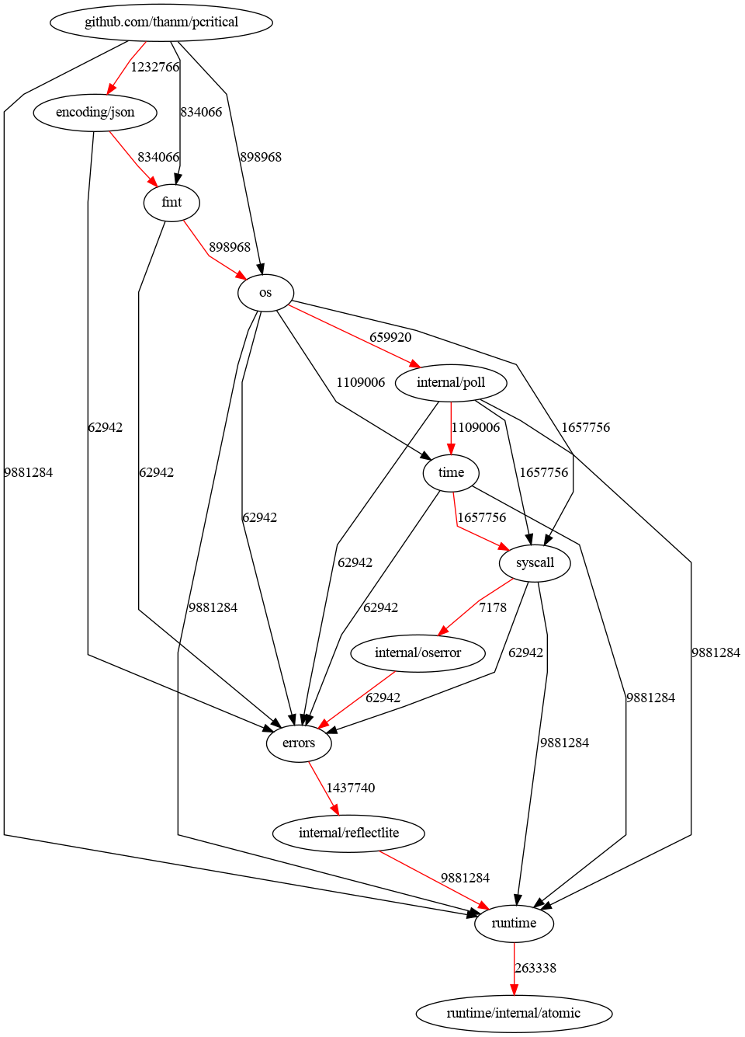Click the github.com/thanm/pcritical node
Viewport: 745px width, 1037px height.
coord(161,22)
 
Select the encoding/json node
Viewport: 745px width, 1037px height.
coord(95,112)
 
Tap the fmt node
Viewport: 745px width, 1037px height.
coord(172,202)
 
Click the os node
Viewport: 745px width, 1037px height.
coord(265,293)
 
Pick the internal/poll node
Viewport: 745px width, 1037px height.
coord(451,382)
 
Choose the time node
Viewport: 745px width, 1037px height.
coord(451,472)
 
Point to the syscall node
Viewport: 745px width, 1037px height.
coord(535,562)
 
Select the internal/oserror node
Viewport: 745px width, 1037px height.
coord(418,652)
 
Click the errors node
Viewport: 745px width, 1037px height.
coord(299,743)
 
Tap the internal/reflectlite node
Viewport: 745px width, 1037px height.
coord(348,833)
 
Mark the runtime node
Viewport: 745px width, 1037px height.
coord(514,923)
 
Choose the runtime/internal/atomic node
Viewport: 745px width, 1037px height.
coord(514,1013)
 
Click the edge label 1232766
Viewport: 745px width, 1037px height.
coord(154,67)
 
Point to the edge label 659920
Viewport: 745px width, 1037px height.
coord(390,337)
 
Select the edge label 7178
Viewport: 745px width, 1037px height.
coord(493,607)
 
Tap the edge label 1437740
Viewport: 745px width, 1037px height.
coord(350,788)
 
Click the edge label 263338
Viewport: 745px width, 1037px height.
coord(535,968)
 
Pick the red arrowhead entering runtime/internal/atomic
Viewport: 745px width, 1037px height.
coord(514,989)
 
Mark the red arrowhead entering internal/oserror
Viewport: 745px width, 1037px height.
coord(443,631)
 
